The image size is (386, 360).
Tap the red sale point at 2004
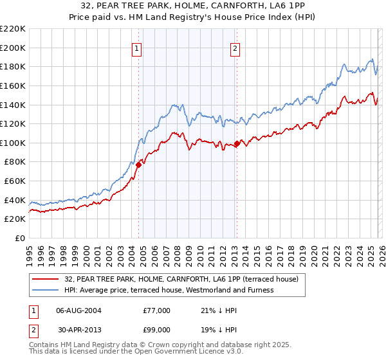pos(138,165)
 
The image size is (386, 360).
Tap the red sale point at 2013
pos(237,144)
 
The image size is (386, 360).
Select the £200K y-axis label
pos(13,48)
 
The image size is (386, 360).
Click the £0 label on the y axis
pos(20,238)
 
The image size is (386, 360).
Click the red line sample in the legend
pos(46,280)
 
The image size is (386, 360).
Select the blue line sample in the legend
pos(46,291)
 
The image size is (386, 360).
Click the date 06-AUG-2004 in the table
pos(80,310)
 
